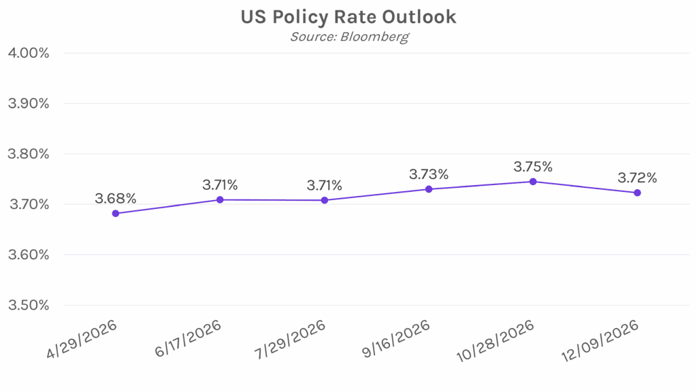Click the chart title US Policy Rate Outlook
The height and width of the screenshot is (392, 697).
(348, 16)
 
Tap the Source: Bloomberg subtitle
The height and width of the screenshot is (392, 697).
(348, 36)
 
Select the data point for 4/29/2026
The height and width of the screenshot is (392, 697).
(116, 213)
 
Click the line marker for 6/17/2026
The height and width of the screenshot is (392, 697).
(220, 199)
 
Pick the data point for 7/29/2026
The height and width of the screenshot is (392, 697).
(325, 200)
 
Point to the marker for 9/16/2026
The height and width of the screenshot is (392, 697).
(429, 189)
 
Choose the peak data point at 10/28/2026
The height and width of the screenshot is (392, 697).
(533, 182)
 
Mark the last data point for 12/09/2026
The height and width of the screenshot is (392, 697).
(637, 193)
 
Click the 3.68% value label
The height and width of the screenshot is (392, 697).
(116, 199)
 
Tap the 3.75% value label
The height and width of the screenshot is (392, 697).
(533, 167)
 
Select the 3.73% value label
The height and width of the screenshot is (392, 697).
(429, 174)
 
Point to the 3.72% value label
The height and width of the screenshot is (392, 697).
(637, 178)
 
